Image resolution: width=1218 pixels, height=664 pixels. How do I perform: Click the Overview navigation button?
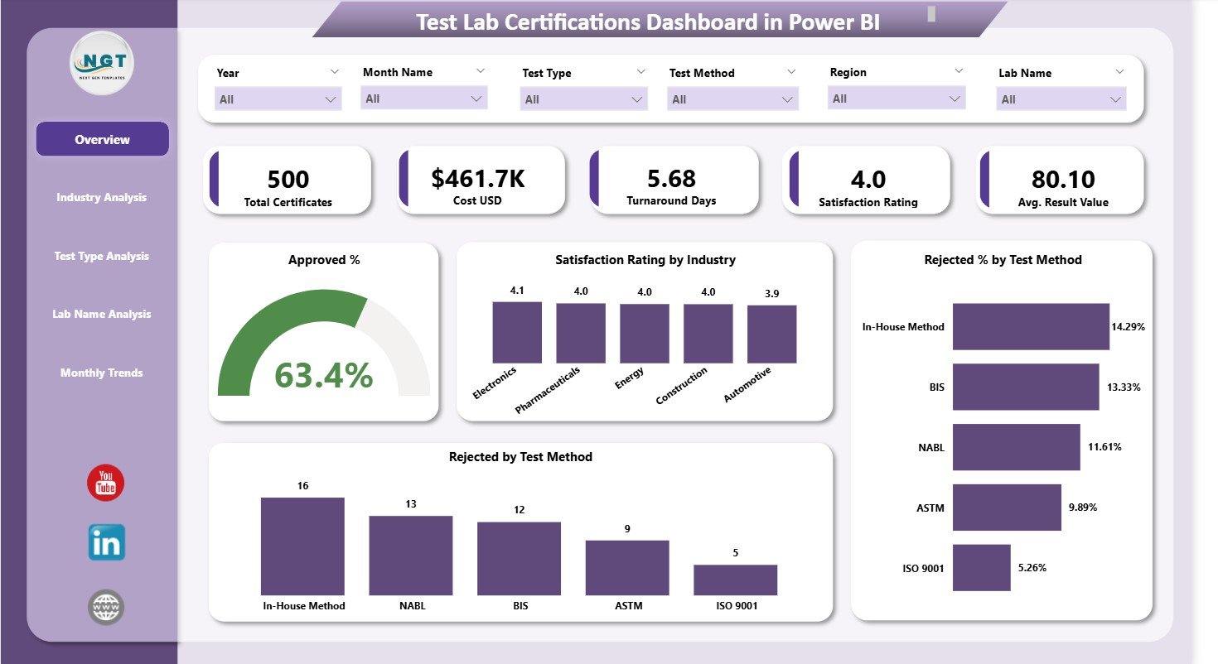(102, 139)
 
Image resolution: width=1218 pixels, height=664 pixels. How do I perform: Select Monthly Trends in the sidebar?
(101, 373)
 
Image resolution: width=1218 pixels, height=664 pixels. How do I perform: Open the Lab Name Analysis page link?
(101, 314)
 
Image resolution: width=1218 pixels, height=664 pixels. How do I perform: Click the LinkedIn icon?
(106, 542)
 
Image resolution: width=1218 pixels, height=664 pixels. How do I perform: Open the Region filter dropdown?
(897, 99)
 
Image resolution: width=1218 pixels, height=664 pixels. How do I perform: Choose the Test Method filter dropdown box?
(732, 99)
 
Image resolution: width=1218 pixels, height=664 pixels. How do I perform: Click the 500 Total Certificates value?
(288, 179)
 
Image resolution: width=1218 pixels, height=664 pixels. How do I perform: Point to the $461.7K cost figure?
(478, 179)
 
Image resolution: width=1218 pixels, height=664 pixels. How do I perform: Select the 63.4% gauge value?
(323, 376)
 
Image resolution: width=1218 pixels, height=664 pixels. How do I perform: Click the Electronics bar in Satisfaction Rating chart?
(517, 332)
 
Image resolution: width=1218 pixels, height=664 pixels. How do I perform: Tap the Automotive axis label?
(747, 385)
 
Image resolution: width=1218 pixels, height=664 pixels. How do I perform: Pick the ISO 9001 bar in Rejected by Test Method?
(735, 580)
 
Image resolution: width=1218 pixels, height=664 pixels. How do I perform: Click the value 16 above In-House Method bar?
(302, 485)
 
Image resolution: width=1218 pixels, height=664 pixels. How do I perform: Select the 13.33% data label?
(1125, 387)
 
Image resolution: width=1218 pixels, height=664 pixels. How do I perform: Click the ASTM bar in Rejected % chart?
(1006, 508)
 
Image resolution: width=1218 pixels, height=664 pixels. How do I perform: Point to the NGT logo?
(102, 63)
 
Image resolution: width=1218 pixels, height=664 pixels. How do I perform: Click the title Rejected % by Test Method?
(1003, 260)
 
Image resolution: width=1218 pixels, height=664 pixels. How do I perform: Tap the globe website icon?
(106, 608)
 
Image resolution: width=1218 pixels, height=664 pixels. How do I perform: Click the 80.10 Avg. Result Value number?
(1063, 179)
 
